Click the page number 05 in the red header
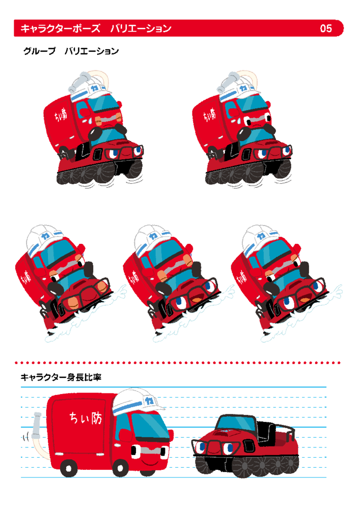325,29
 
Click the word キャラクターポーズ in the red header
61,29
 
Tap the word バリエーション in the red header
141,29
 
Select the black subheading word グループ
39,51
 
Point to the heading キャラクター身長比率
61,377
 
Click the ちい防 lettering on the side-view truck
86,418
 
